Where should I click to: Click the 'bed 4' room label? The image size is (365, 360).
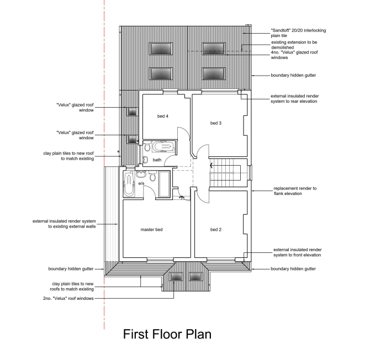[x=163, y=116]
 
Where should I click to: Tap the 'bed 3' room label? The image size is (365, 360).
[x=216, y=123]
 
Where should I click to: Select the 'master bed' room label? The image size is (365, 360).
[x=151, y=230]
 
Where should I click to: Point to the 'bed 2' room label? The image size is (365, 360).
[x=216, y=230]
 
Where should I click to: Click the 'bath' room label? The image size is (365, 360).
[x=157, y=160]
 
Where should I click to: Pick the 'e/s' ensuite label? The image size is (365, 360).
[x=141, y=183]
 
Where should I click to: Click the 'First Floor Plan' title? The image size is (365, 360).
[x=167, y=335]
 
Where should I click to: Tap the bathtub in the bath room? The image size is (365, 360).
[x=163, y=147]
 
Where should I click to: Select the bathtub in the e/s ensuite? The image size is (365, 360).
[x=129, y=184]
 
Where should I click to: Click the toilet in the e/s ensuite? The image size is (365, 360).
[x=152, y=176]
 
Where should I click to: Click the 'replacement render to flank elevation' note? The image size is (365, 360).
[x=295, y=191]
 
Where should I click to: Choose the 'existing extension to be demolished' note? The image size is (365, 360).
[x=294, y=45]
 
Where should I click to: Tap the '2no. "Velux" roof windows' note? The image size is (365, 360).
[x=68, y=298]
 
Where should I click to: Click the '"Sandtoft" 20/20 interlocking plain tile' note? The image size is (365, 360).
[x=298, y=33]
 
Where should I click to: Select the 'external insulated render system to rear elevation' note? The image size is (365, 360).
[x=295, y=99]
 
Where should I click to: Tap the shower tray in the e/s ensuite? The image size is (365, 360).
[x=165, y=184]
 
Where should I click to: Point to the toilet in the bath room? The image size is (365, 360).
[x=147, y=147]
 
